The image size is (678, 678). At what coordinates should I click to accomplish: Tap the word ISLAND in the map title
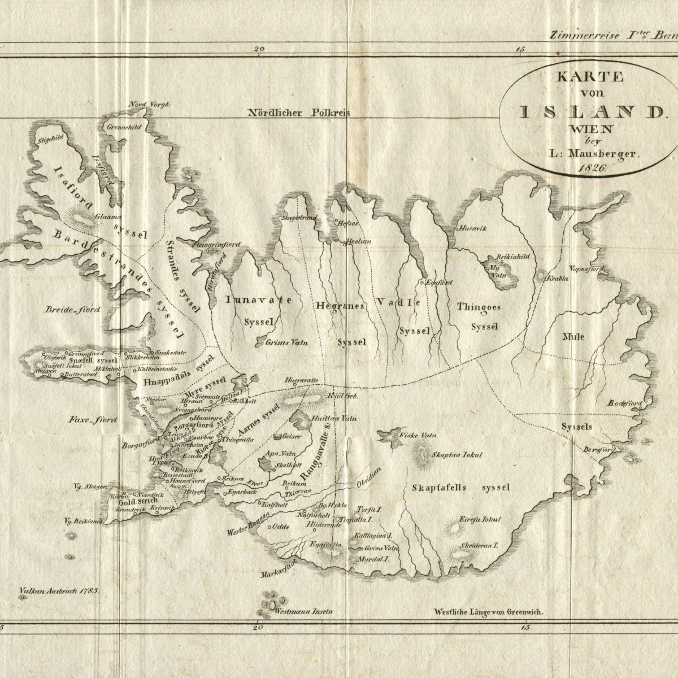[x=590, y=111]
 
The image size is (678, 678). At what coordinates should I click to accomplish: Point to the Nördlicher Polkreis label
[x=299, y=112]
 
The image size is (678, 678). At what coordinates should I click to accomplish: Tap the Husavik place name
[x=473, y=228]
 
